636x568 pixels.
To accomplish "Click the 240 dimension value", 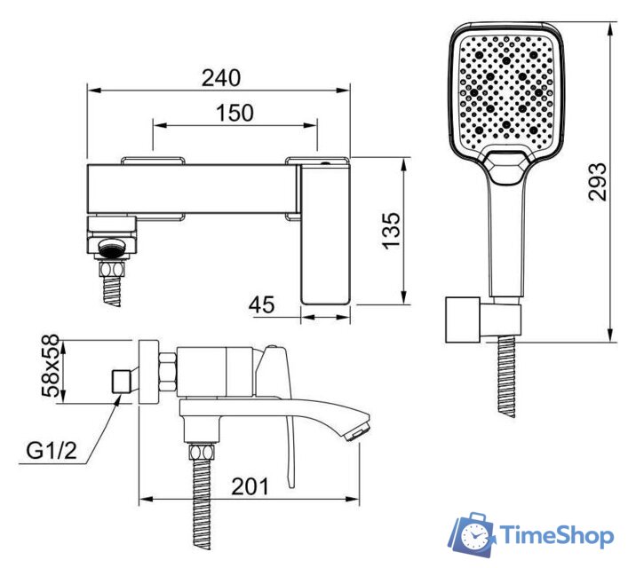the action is tap(221, 78).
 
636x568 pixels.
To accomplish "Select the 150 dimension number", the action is tap(235, 113).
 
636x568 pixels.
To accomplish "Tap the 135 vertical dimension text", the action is tap(391, 230).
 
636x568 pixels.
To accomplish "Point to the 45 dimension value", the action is tap(262, 304).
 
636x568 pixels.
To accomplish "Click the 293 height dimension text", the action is tap(598, 182).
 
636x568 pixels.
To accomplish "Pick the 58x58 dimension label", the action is tap(51, 366).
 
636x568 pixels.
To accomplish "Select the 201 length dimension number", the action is tap(250, 486).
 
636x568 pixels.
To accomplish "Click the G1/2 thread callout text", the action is tap(52, 450).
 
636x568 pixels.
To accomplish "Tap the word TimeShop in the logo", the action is tap(556, 535).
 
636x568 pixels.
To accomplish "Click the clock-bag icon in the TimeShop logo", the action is tap(473, 535).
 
